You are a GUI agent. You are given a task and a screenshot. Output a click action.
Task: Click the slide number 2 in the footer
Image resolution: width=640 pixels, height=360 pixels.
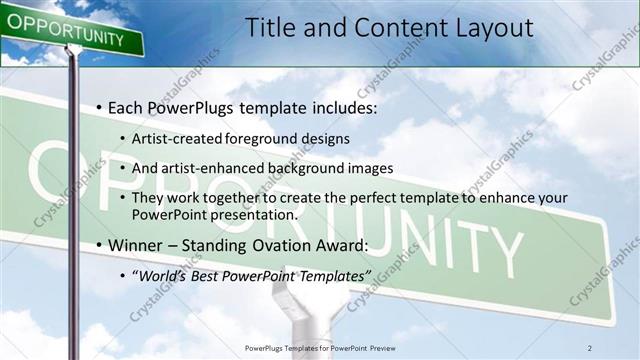(590, 347)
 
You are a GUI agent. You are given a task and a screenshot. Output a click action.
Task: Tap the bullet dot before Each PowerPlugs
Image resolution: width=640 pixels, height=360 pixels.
(100, 107)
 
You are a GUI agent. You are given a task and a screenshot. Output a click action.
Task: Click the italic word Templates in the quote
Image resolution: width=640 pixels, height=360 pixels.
(331, 275)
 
